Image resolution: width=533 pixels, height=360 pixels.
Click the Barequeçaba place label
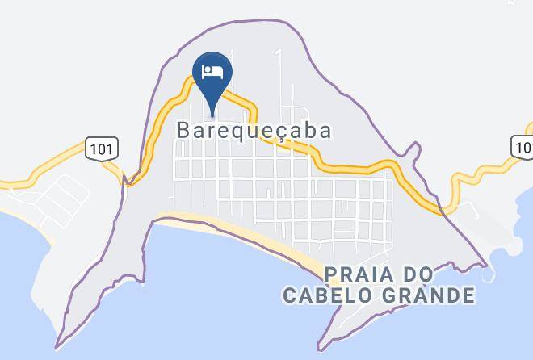point(254,131)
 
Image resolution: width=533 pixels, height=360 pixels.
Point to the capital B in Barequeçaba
point(184,130)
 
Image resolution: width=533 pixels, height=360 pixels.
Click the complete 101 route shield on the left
point(102,149)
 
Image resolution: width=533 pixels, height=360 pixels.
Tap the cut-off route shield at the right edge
point(523,146)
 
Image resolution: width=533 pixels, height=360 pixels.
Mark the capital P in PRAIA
point(332,274)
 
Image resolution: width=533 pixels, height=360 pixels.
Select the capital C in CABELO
point(289,295)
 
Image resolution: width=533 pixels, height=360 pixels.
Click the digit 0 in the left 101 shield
point(102,149)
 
